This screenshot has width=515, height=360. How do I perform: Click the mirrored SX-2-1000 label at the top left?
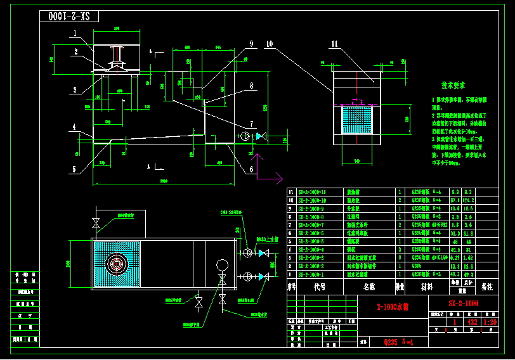[x=68, y=16]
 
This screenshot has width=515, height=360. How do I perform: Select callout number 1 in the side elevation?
[x=74, y=34]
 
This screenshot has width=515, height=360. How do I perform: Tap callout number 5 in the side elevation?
[x=74, y=169]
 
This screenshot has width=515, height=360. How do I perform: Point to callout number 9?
[x=251, y=44]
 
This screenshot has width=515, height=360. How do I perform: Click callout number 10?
[x=270, y=44]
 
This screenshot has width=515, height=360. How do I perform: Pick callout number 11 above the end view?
[x=334, y=44]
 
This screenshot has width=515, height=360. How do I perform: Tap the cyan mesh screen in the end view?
[x=356, y=120]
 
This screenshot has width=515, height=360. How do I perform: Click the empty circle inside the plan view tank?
[x=222, y=264]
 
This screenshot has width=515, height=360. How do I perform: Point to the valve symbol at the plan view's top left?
[x=96, y=222]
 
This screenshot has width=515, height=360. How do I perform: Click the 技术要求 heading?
[x=453, y=85]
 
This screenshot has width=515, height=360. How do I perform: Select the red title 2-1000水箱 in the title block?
[x=393, y=307]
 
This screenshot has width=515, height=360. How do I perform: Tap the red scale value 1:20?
[x=490, y=322]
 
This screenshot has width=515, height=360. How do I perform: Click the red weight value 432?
[x=472, y=322]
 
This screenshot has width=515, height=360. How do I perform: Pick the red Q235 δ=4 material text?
[x=398, y=342]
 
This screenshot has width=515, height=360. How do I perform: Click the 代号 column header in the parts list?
[x=320, y=286]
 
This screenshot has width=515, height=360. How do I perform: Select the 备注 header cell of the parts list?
[x=486, y=286]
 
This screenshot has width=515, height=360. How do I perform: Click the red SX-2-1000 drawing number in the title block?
[x=463, y=304]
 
